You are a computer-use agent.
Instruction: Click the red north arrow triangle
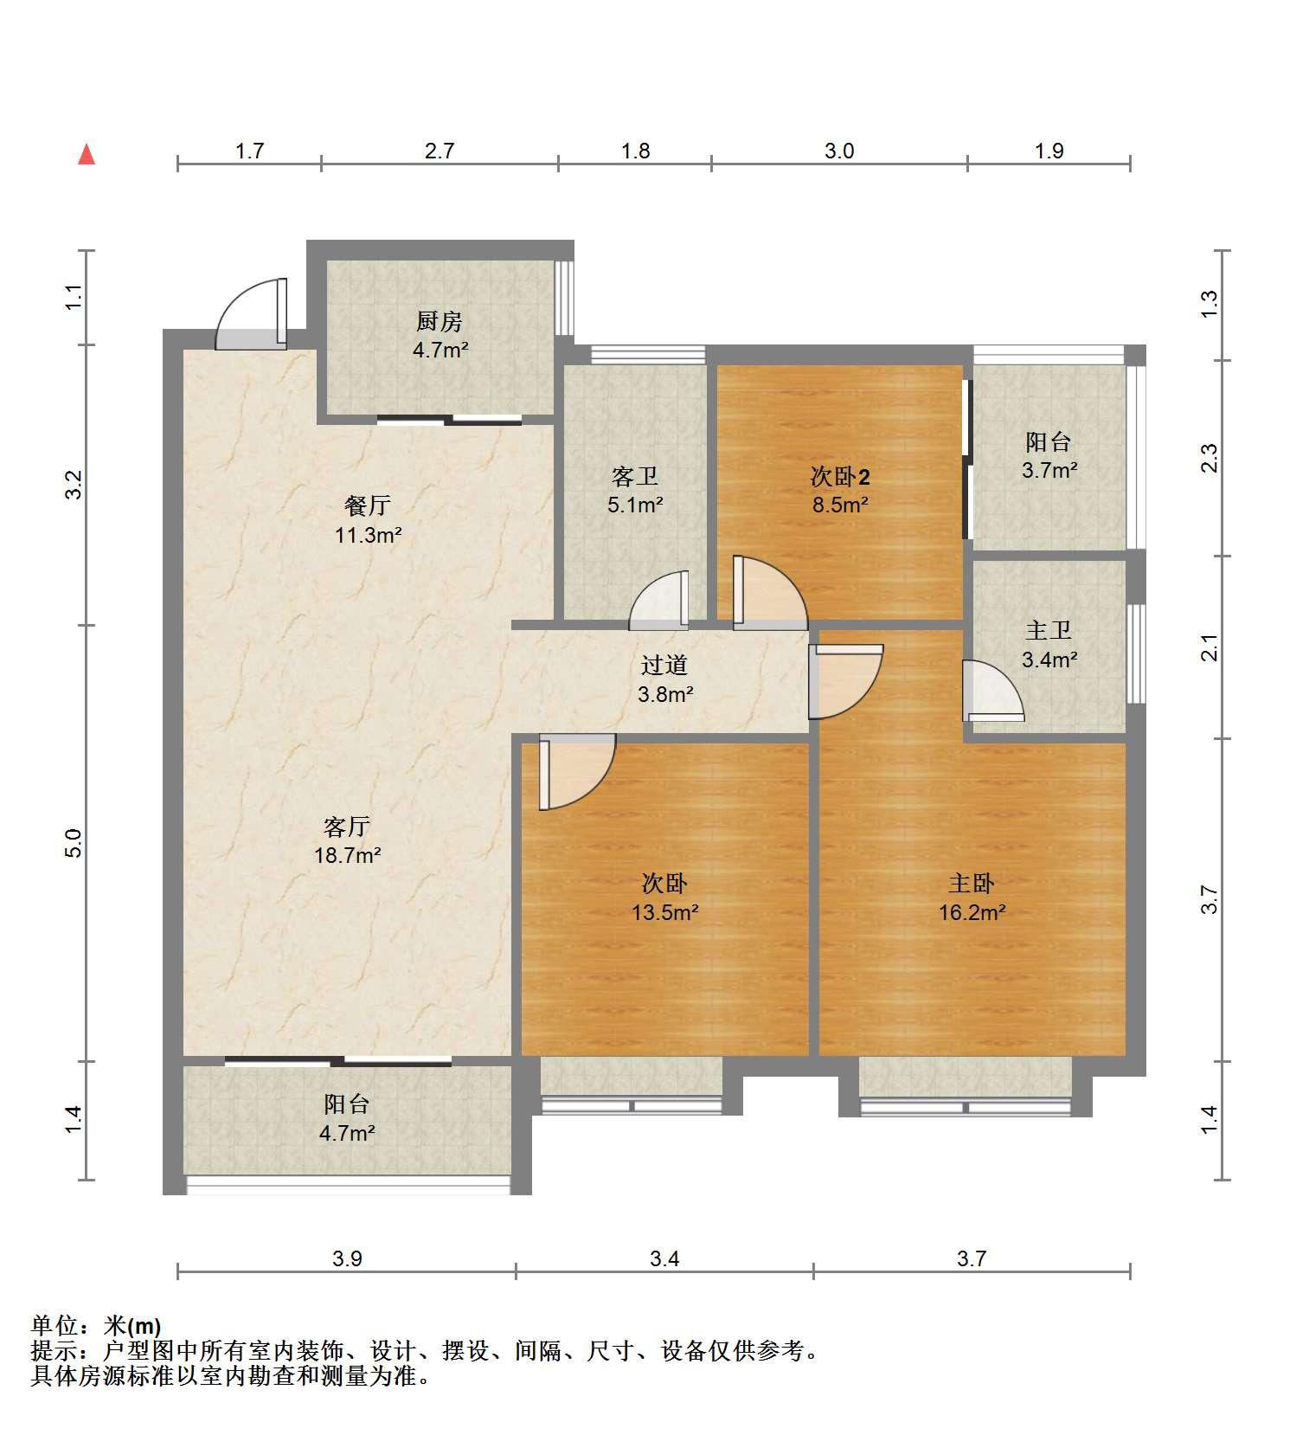point(87,155)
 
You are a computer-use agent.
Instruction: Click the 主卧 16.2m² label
point(972,898)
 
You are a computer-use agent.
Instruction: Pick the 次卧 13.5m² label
point(664,898)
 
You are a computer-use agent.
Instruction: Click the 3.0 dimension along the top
point(838,151)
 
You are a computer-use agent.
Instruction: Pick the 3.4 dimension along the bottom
point(664,1258)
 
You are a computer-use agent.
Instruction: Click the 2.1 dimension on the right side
point(1210,647)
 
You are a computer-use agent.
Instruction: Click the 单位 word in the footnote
point(55,1325)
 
